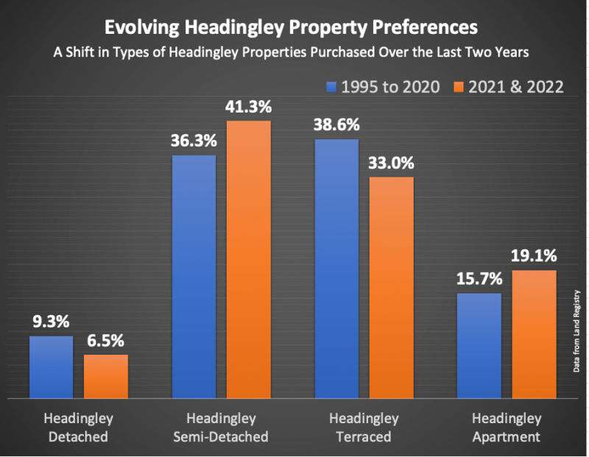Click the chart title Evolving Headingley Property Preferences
(x=294, y=28)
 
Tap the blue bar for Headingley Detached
(x=52, y=366)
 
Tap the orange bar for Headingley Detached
(x=106, y=376)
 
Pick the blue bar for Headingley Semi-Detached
(x=194, y=276)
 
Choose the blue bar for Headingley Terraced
(x=336, y=269)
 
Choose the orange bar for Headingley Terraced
(x=392, y=287)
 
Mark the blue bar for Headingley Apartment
(x=479, y=345)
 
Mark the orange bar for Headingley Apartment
(x=534, y=334)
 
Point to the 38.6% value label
(x=336, y=124)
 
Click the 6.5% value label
(x=106, y=341)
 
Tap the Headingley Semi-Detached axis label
(x=221, y=428)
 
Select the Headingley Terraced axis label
(x=364, y=428)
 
